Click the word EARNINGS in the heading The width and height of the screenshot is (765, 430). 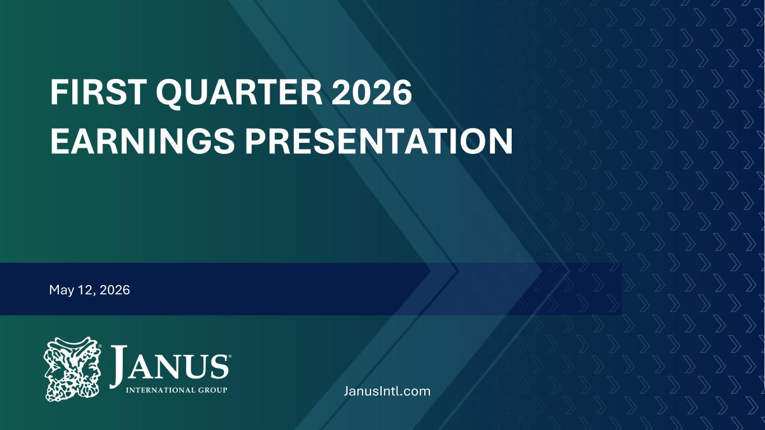tap(142, 141)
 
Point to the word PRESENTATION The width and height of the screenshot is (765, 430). tap(379, 141)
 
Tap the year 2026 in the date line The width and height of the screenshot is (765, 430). tap(115, 290)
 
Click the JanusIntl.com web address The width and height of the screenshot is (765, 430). tap(387, 391)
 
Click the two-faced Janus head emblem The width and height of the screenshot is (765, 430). tap(72, 369)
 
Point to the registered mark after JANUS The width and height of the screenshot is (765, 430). tap(230, 357)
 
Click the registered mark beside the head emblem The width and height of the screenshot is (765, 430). tap(100, 346)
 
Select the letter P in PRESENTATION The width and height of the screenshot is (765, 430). tap(256, 141)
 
